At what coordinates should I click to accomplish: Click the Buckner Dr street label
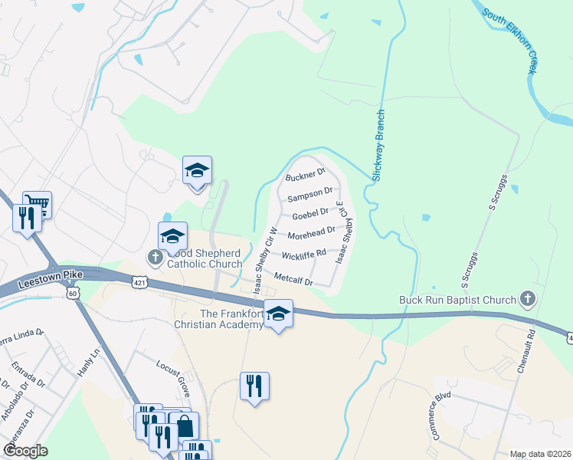pos(306,176)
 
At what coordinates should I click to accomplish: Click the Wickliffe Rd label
pos(304,254)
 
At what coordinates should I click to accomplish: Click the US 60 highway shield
pos(72,293)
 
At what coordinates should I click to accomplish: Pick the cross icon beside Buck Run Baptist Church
pos(526,297)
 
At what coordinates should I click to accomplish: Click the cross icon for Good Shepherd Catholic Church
pos(156,257)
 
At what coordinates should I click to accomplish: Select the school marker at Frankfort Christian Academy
pos(278,314)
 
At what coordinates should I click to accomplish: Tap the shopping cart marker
pos(38,203)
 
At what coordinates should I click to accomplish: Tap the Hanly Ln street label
pos(89,363)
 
